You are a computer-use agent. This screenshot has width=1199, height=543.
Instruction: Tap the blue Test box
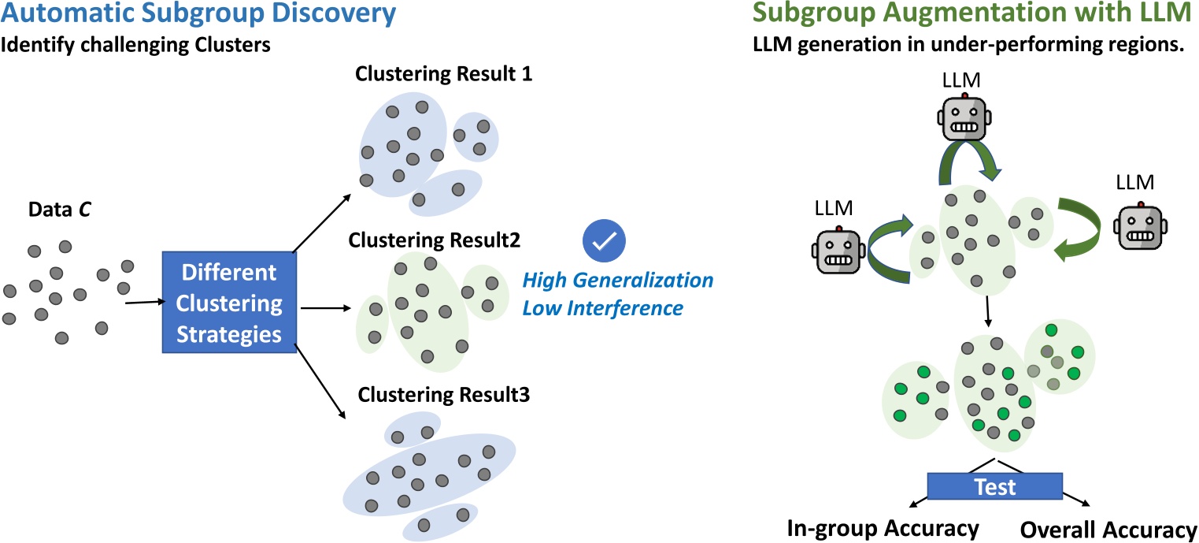pos(996,486)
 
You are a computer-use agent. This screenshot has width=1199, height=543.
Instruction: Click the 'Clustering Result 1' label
pos(443,75)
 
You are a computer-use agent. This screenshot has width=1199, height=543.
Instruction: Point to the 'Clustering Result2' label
pos(439,239)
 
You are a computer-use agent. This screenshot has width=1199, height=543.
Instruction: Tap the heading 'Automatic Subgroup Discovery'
pos(187,15)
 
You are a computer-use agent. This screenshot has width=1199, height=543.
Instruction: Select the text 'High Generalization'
pos(618,281)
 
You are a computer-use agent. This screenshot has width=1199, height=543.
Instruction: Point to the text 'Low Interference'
pos(603,308)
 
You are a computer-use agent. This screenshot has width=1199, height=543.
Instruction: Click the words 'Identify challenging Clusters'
pos(135,46)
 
